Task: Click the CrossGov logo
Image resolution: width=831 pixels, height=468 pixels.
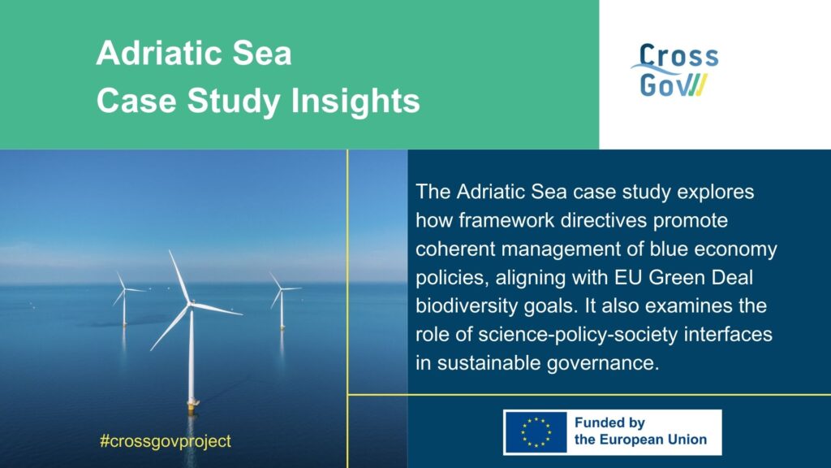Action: click(674, 70)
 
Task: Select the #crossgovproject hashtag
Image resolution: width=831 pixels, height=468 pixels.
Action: click(166, 441)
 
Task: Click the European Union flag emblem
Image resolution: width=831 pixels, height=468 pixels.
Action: click(536, 432)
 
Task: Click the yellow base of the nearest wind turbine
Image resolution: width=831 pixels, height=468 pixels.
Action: click(192, 408)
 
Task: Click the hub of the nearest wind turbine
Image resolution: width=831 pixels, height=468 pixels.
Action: click(189, 304)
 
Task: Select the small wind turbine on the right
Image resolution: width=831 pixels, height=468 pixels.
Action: click(282, 301)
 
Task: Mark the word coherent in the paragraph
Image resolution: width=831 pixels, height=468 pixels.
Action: click(455, 249)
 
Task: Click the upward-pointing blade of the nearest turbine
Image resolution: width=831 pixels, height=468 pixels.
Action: click(179, 277)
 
